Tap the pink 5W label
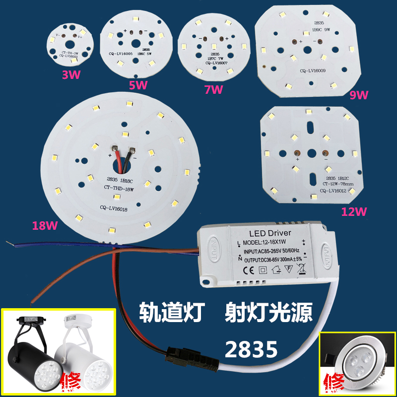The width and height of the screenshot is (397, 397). click(138, 85)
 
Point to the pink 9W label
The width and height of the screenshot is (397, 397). click(358, 94)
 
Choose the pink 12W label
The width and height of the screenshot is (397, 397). click(354, 212)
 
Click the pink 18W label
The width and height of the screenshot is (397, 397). click(44, 226)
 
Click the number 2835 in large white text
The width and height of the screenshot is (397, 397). click(251, 349)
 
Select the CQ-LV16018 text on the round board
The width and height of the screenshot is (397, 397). click(113, 208)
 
